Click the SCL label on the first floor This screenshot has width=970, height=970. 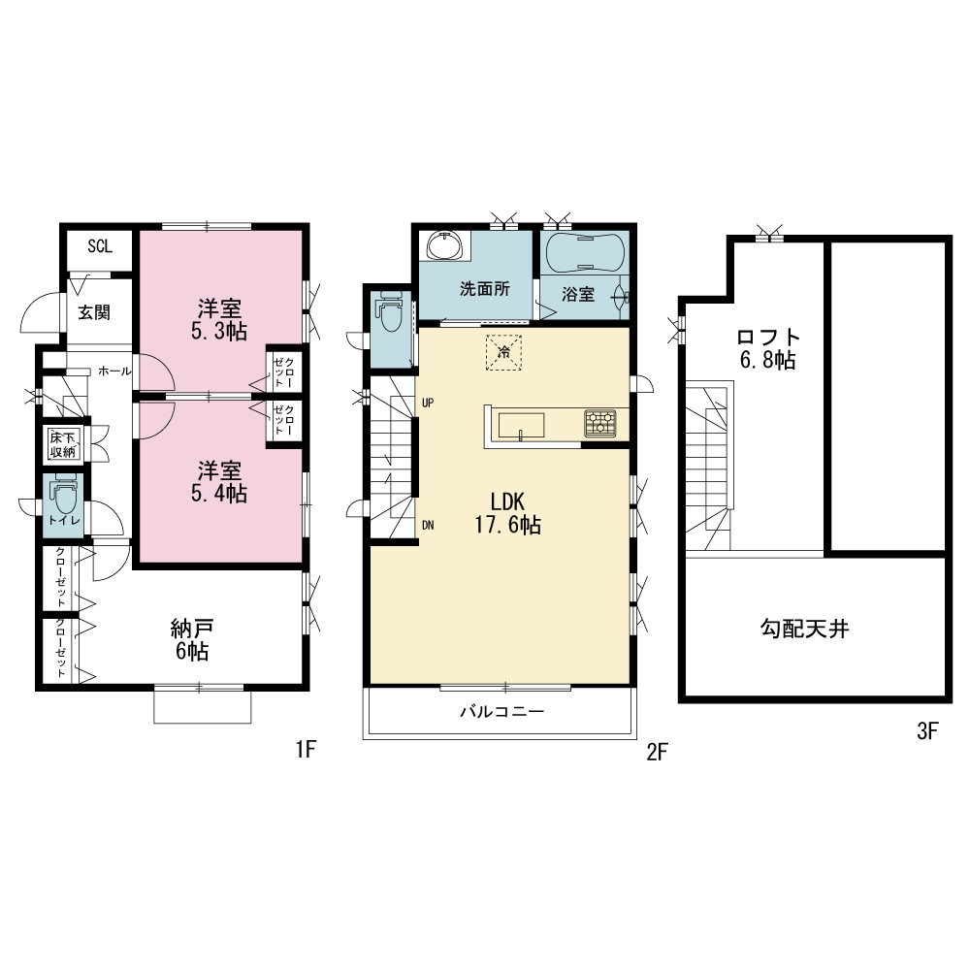(x=100, y=246)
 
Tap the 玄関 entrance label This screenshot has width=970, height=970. (x=94, y=312)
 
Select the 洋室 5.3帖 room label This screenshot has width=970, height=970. (x=219, y=320)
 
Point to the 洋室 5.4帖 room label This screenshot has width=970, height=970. (x=219, y=482)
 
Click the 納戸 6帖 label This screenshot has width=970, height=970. (x=191, y=640)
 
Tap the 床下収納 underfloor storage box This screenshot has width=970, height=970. (x=62, y=444)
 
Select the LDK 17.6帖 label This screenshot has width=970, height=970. (x=508, y=513)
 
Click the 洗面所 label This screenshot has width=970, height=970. (x=485, y=289)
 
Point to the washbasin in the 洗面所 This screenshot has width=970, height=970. (x=443, y=245)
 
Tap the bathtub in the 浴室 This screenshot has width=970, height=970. (x=585, y=252)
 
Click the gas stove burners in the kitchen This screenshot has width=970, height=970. (x=600, y=424)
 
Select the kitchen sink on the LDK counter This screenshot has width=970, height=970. (x=522, y=426)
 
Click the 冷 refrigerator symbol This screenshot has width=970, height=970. (x=503, y=353)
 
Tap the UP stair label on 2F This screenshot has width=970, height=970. (x=428, y=403)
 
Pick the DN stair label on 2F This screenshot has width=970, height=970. (x=428, y=525)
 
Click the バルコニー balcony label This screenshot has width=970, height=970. (x=501, y=711)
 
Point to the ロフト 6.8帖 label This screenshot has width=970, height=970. (x=767, y=348)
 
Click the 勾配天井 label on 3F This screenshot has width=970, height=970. (x=804, y=629)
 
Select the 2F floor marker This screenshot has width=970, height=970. (x=657, y=753)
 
